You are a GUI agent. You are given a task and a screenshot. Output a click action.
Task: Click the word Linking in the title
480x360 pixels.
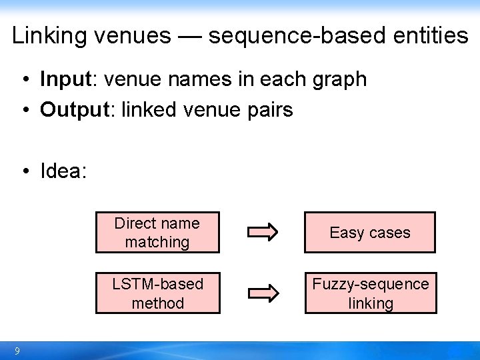click(50, 35)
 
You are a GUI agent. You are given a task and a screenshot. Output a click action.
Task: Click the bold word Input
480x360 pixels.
click(65, 79)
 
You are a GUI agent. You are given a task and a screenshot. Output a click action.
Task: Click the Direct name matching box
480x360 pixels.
click(157, 233)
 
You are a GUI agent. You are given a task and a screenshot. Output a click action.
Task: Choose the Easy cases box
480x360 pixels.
click(370, 233)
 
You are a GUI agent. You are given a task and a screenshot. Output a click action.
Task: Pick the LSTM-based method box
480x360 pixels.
click(157, 293)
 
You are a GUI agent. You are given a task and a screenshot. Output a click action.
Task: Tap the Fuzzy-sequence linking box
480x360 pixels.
click(371, 293)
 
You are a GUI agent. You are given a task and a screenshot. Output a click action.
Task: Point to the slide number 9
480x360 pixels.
click(17, 351)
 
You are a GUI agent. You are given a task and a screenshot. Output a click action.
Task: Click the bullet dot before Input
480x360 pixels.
click(23, 80)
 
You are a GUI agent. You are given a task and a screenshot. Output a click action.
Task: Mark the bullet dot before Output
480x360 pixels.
click(23, 110)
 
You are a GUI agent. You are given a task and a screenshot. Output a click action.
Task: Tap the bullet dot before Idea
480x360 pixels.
click(23, 172)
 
